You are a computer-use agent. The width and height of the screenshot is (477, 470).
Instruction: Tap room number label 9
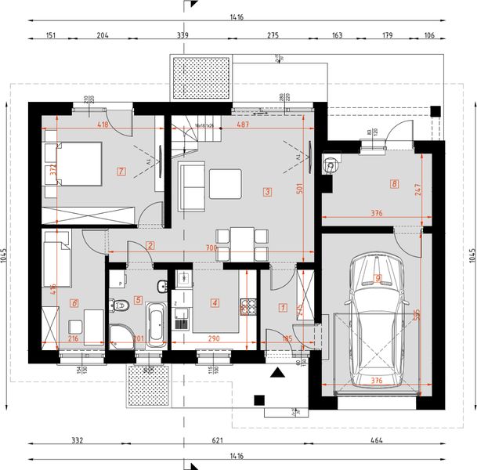coord(378,277)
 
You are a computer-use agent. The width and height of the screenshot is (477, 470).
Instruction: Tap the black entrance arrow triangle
coord(277,374)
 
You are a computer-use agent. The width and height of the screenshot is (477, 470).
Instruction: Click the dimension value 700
coord(211,248)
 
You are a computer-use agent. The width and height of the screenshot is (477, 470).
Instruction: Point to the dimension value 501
coord(301,188)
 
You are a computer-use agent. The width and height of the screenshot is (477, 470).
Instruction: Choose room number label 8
coord(393,185)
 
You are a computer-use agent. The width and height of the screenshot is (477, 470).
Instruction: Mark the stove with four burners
coord(250,305)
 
